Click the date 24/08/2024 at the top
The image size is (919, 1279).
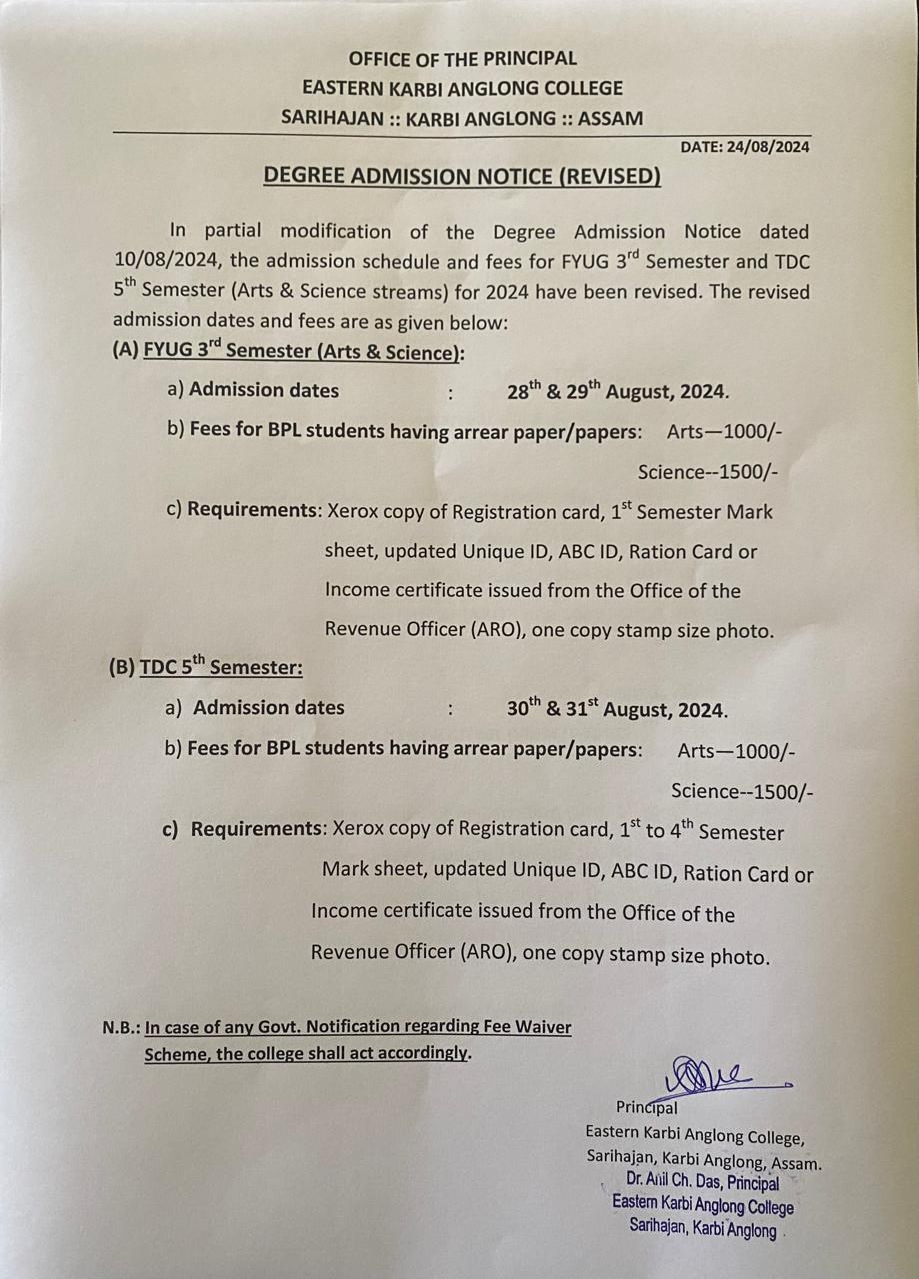pyautogui.click(x=767, y=147)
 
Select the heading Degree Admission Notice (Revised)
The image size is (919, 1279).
pyautogui.click(x=462, y=177)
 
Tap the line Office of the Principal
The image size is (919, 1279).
pyautogui.click(x=463, y=58)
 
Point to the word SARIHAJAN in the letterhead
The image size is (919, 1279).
pyautogui.click(x=330, y=118)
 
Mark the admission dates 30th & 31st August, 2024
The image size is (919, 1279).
pyautogui.click(x=617, y=709)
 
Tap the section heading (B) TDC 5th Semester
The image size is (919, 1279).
pyautogui.click(x=205, y=666)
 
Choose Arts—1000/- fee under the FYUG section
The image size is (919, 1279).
pyautogui.click(x=724, y=431)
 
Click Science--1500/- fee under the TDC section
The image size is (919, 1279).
pyautogui.click(x=742, y=792)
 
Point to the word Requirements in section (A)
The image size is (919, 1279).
pyautogui.click(x=253, y=510)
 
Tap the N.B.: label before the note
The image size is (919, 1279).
pyautogui.click(x=121, y=1027)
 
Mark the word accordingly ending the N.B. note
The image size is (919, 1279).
pyautogui.click(x=420, y=1053)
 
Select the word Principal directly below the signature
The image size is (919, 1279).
pyautogui.click(x=647, y=1107)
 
